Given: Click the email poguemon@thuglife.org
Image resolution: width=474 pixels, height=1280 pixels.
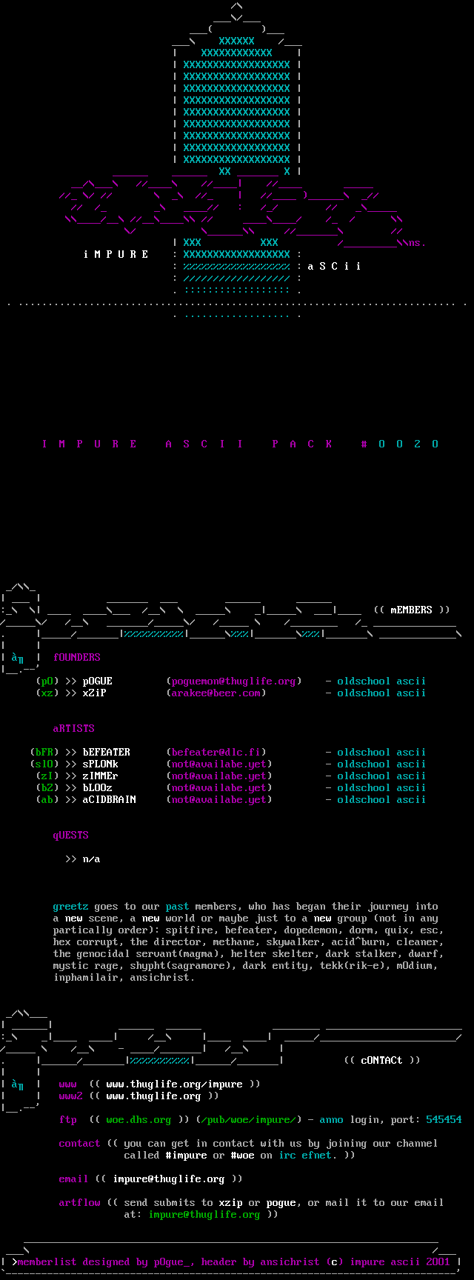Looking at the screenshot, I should [233, 681].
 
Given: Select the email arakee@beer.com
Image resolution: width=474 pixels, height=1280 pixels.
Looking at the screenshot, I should [216, 693].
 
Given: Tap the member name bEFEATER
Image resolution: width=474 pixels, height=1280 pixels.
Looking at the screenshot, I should [106, 752].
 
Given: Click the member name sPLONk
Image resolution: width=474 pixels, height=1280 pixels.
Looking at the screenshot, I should [100, 764].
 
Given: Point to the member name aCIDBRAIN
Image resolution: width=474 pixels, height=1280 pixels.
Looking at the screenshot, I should [109, 799].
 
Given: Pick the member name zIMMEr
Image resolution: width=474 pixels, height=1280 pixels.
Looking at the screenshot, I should [100, 776].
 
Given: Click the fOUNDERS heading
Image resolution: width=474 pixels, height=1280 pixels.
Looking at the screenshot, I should [76, 657].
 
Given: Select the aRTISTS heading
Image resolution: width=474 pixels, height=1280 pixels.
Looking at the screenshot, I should [73, 728].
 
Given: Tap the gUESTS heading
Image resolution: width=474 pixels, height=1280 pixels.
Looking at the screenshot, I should [70, 835].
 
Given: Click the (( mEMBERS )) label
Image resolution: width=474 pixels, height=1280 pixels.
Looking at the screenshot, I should [411, 610].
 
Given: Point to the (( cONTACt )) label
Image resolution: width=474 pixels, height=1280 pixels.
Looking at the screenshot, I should [381, 1060].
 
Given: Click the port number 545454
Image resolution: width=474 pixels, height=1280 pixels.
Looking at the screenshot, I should [444, 1119].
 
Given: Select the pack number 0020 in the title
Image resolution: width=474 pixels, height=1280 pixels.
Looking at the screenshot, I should [409, 444].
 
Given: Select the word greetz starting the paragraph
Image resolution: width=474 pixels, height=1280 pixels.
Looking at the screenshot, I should [70, 906].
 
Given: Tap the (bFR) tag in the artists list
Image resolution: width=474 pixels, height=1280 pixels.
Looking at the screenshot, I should [44, 752].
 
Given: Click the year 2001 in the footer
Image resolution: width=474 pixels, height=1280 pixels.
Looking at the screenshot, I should [438, 1261].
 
